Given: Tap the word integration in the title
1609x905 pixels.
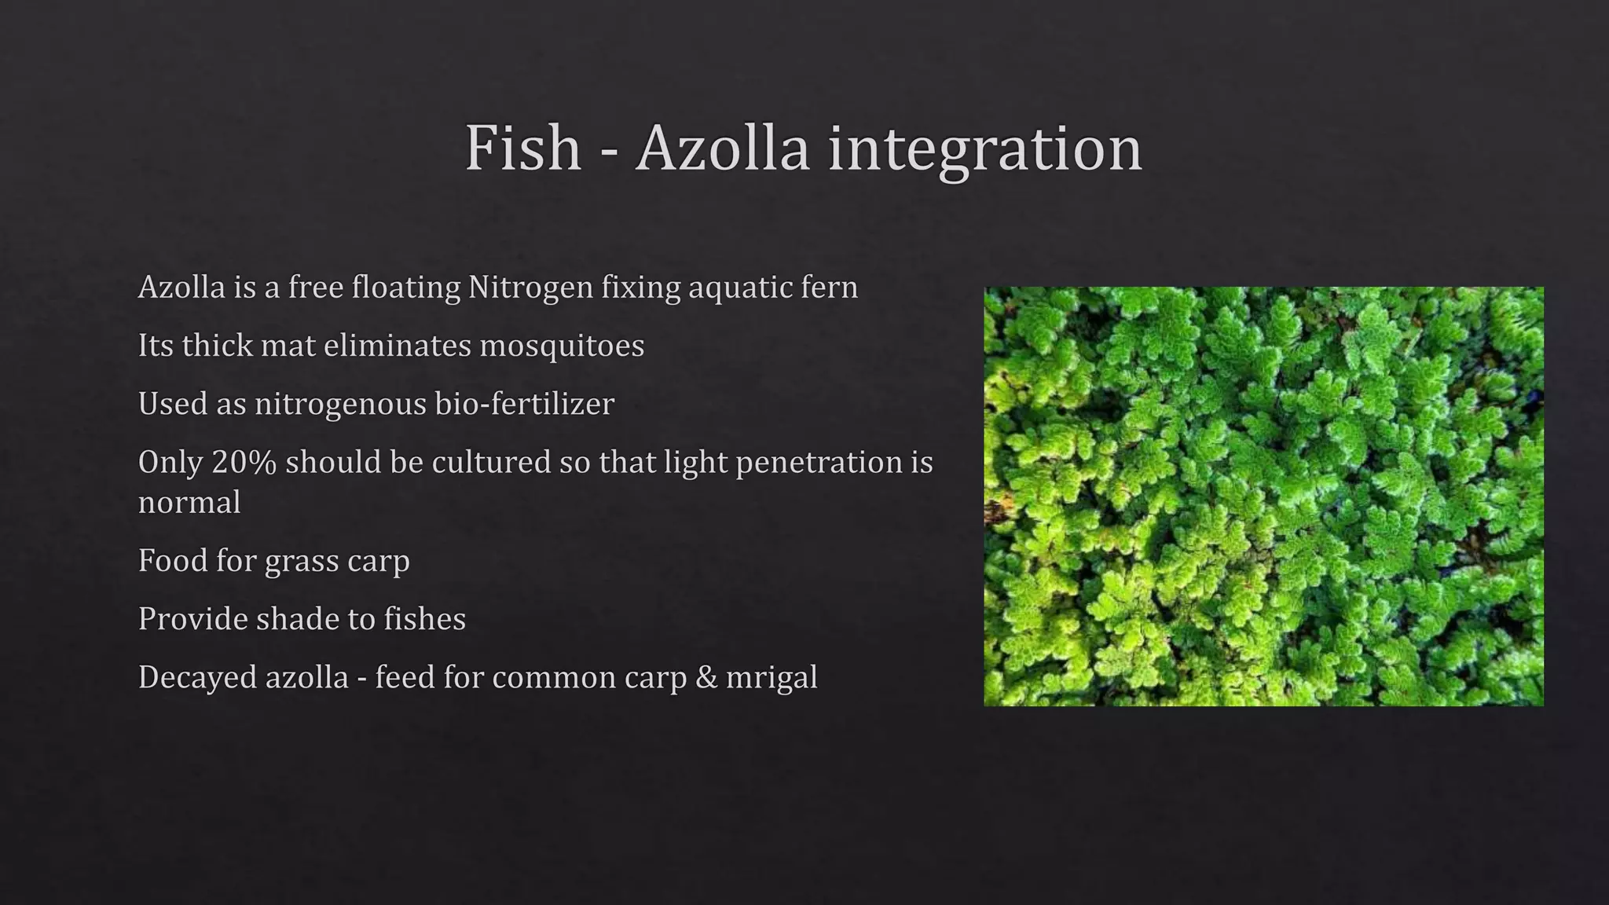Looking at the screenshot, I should pos(984,149).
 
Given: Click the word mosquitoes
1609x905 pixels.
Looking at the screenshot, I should pos(561,346).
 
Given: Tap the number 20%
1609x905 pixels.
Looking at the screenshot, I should pos(244,462).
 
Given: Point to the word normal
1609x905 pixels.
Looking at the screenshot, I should pos(189,503).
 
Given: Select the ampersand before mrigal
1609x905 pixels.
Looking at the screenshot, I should pos(706,678).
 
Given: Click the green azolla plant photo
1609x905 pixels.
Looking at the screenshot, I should pos(1263,496).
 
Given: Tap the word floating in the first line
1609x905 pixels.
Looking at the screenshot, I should pos(405,288).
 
